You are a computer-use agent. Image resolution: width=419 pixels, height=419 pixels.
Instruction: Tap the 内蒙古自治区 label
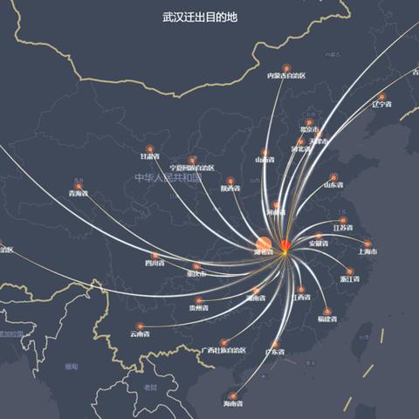pyautogui.click(x=286, y=76)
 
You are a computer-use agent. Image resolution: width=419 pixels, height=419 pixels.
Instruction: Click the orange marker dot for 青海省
pyautogui.click(x=79, y=186)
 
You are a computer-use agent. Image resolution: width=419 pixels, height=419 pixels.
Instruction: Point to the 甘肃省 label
pyautogui.click(x=150, y=157)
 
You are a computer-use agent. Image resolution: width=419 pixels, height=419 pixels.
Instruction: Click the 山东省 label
pyautogui.click(x=334, y=184)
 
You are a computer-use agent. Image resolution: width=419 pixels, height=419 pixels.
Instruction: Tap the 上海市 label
pyautogui.click(x=367, y=251)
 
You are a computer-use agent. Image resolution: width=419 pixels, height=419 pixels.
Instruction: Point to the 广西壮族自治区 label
pyautogui.click(x=225, y=351)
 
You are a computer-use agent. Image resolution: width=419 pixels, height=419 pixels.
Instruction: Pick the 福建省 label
pyautogui.click(x=327, y=319)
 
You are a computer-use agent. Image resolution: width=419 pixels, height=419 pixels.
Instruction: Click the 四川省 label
pyautogui.click(x=155, y=263)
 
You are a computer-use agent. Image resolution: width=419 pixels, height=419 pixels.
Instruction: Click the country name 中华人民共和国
pyautogui.click(x=168, y=177)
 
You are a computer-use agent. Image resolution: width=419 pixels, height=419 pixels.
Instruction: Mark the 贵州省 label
pyautogui.click(x=199, y=308)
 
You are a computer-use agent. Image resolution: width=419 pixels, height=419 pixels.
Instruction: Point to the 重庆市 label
pyautogui.click(x=196, y=274)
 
